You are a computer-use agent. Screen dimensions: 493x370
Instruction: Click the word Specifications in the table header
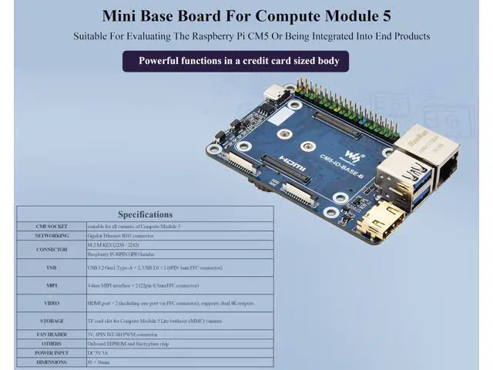(145, 214)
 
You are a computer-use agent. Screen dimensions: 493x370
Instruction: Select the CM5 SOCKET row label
(52, 227)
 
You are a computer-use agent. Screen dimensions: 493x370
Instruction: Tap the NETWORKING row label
(52, 236)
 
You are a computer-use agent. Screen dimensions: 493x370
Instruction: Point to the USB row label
(52, 267)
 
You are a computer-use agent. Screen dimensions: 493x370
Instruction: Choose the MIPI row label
(52, 285)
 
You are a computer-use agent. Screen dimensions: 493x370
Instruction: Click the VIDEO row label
(52, 303)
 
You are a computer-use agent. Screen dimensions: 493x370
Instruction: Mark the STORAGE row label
(52, 321)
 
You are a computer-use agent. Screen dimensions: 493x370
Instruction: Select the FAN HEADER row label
(52, 335)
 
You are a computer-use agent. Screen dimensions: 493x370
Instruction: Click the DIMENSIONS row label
(52, 361)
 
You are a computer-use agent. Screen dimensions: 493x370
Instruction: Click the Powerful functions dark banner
(236, 61)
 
